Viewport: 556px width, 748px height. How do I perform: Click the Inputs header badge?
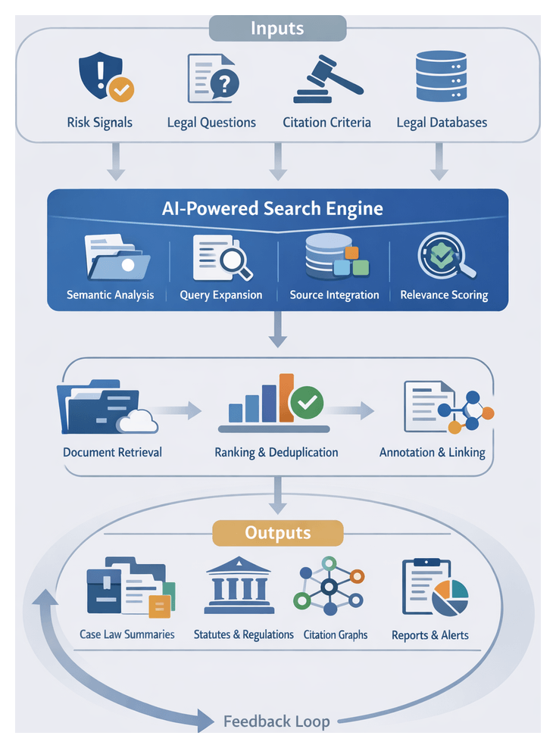(x=277, y=30)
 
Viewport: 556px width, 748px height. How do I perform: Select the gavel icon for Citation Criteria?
(x=323, y=79)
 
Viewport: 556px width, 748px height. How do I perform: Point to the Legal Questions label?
(x=211, y=123)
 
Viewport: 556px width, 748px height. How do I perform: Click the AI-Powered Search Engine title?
(x=277, y=208)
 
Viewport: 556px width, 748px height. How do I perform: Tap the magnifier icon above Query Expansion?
(x=221, y=257)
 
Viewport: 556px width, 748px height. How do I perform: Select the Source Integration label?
(x=334, y=295)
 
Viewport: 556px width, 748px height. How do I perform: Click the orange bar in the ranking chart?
(x=286, y=397)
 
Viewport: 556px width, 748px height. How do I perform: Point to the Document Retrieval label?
(x=112, y=453)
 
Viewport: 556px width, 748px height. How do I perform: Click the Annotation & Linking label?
(x=432, y=453)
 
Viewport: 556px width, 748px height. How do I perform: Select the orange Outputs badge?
(x=277, y=533)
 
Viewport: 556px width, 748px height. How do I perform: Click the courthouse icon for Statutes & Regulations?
(x=239, y=586)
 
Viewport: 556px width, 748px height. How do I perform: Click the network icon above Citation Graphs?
(x=329, y=587)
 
